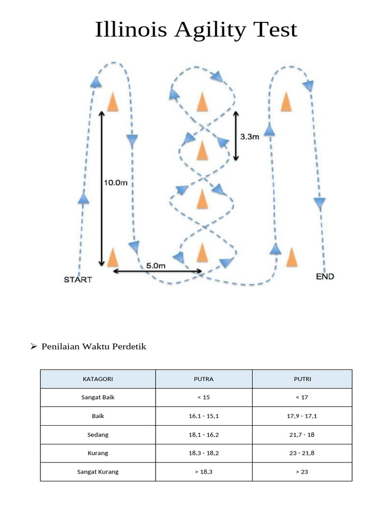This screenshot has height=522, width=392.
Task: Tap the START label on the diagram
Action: coord(78,279)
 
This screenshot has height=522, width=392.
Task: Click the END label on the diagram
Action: coord(325,276)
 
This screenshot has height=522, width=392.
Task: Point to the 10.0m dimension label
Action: coord(116,182)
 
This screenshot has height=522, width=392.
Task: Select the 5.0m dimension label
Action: coord(156,266)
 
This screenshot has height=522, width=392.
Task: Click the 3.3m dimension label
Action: coord(250,137)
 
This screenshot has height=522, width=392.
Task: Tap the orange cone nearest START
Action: coord(113,256)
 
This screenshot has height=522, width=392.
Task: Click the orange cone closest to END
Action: coord(291,257)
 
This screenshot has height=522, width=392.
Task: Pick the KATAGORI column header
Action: coord(97,379)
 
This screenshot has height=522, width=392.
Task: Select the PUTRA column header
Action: coord(204,379)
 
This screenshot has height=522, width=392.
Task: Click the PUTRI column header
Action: coord(302,379)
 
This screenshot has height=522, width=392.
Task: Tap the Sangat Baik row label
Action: coord(97,398)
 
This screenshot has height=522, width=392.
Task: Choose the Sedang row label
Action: coord(97,435)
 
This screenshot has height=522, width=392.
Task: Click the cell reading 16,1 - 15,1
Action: coord(204,416)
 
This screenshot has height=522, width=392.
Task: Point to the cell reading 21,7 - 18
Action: coord(302,435)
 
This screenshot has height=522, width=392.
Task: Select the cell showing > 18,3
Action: coord(204,472)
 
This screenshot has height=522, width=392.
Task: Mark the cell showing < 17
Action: coord(302,398)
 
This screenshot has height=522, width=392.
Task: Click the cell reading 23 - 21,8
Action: coord(302,453)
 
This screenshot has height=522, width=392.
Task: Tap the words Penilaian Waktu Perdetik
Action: coord(94,347)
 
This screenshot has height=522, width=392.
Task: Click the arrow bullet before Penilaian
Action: coord(34,347)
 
